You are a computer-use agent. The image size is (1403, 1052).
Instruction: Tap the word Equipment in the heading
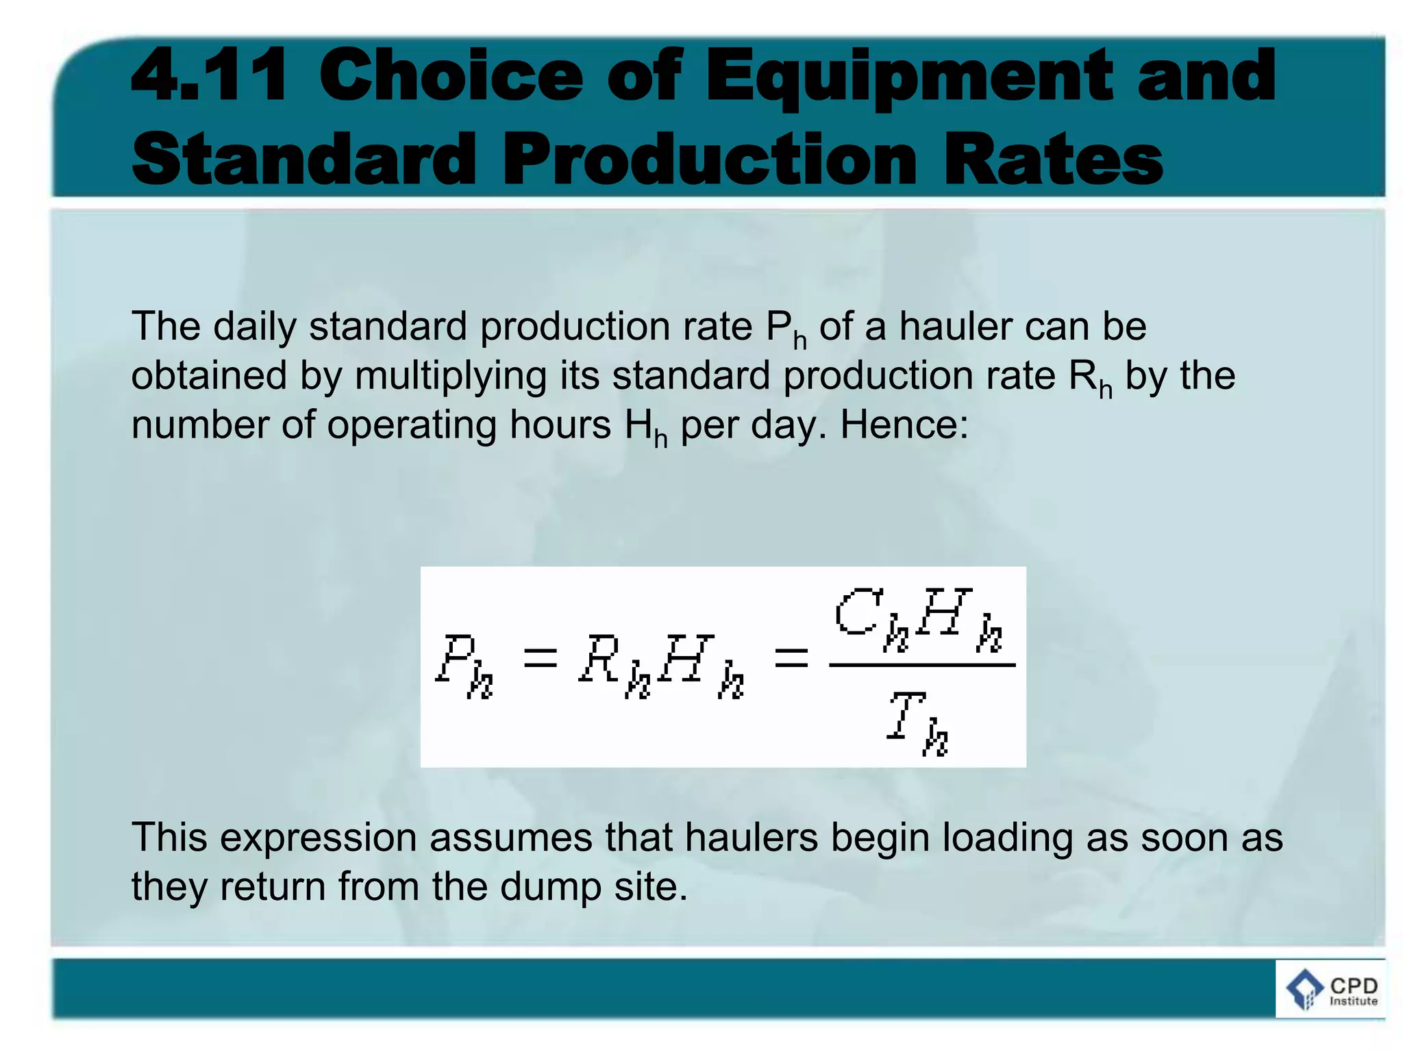pos(908,77)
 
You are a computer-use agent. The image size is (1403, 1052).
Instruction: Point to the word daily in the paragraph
pos(254,326)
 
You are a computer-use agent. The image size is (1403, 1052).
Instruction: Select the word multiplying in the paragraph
pos(449,376)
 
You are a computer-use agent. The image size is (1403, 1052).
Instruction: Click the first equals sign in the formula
pos(540,659)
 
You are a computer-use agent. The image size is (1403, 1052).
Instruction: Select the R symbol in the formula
pos(600,659)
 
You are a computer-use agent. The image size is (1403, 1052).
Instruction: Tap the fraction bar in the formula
pos(921,664)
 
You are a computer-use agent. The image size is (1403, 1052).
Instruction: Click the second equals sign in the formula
pos(791,659)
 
